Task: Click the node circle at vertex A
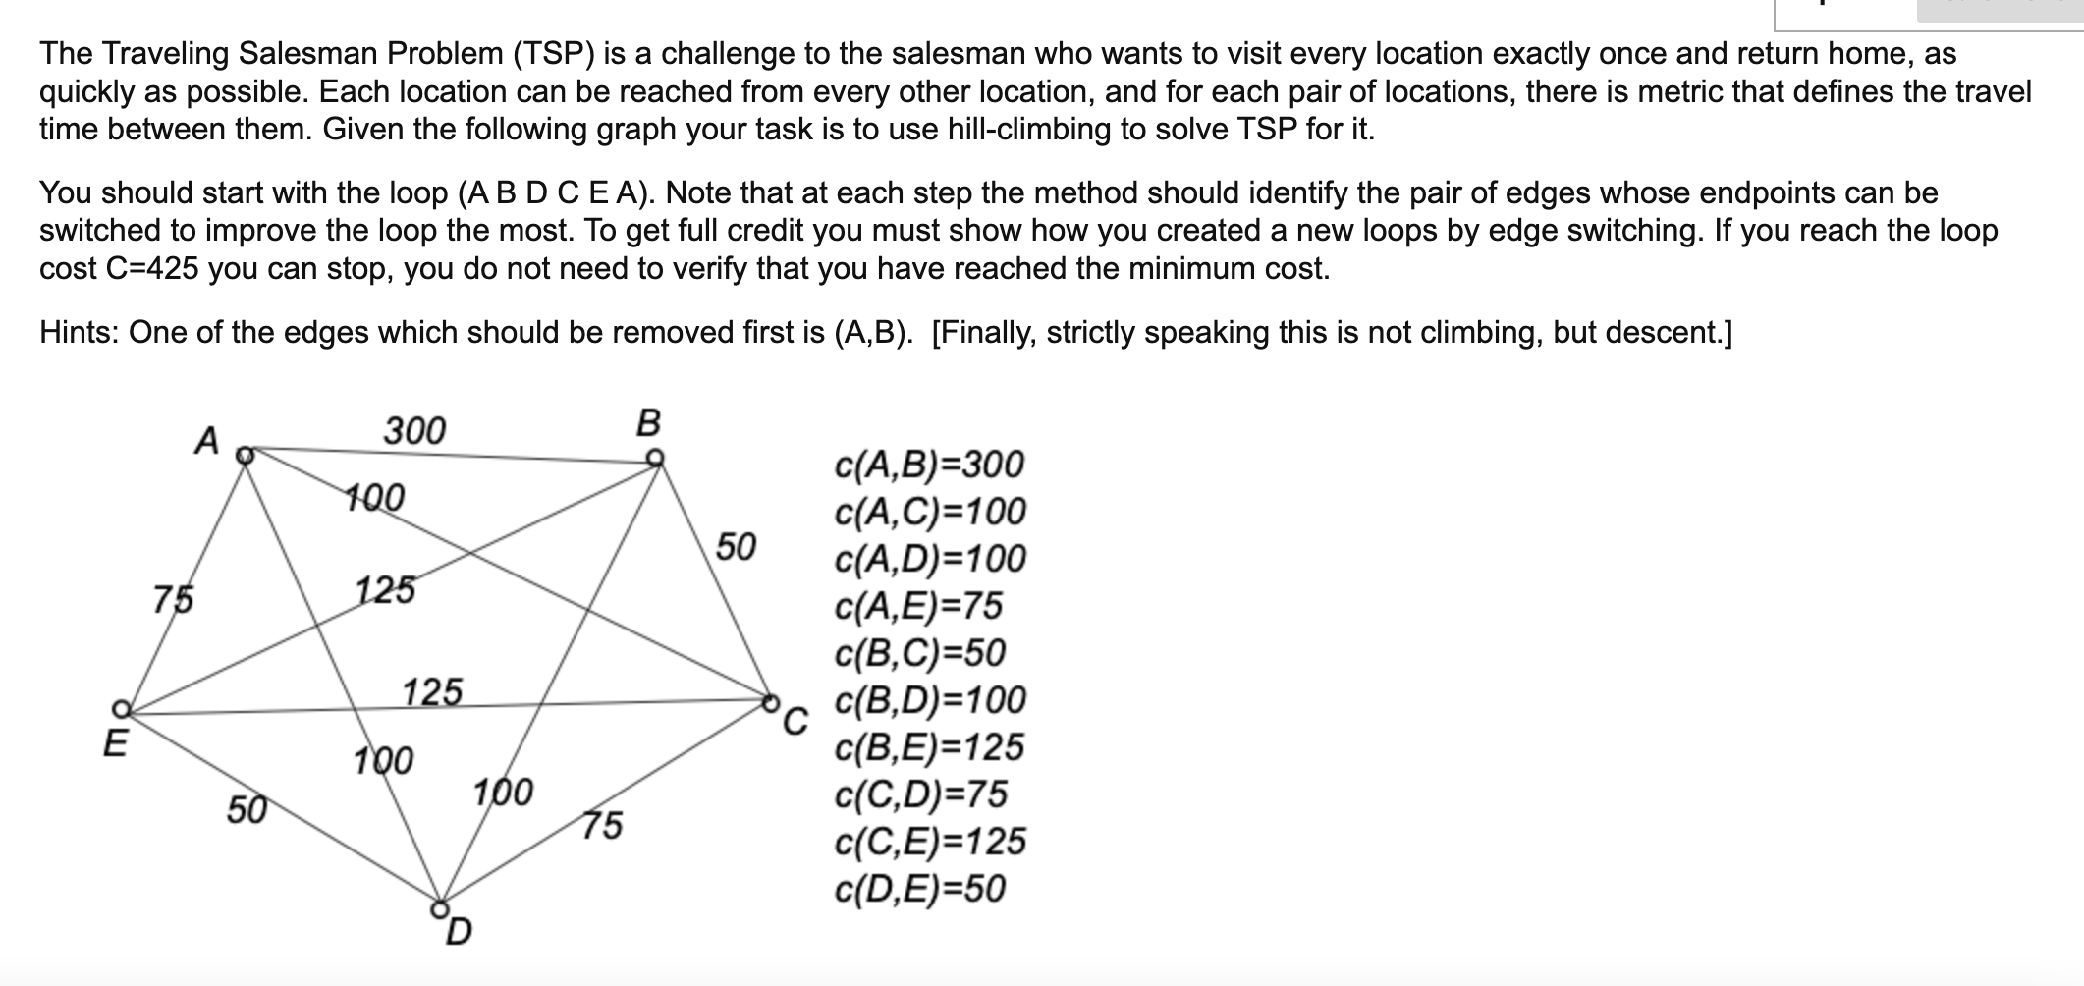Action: tap(247, 455)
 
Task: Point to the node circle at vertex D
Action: tap(441, 906)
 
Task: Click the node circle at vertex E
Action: tap(120, 708)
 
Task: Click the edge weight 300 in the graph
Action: tap(413, 430)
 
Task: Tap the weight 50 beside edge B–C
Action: tap(736, 546)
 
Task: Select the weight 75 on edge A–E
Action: tap(174, 598)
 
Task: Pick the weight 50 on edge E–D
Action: tap(247, 810)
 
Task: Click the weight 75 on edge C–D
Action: tap(602, 825)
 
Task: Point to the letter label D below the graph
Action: tap(459, 930)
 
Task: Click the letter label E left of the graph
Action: tap(115, 743)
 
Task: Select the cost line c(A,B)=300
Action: tap(928, 464)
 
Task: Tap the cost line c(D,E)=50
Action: tap(919, 889)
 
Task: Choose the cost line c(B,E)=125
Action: tap(928, 747)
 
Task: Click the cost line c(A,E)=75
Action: tap(918, 606)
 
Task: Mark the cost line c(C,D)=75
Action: tap(920, 794)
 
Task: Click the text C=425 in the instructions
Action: tap(150, 268)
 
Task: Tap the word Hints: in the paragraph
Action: tap(80, 333)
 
